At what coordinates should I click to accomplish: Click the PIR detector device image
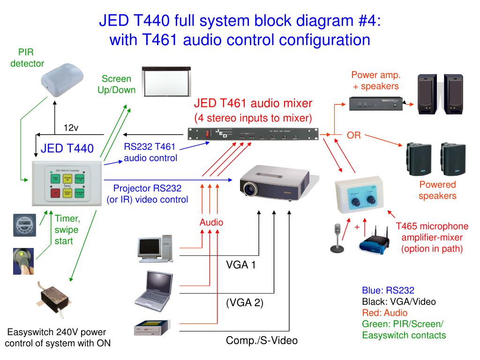tap(61, 80)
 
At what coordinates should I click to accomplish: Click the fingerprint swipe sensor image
tap(22, 261)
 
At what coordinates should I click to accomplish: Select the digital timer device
tap(24, 225)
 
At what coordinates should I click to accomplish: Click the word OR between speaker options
tap(353, 135)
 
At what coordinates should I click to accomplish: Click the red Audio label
tap(211, 222)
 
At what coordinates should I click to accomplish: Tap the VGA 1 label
tap(241, 265)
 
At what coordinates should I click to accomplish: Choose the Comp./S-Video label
tap(262, 340)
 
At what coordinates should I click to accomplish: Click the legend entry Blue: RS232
tap(388, 290)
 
